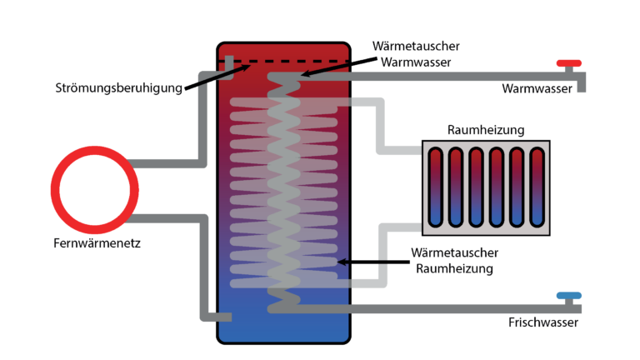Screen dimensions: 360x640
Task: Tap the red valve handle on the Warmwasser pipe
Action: point(570,63)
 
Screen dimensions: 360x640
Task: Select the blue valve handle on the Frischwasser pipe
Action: point(570,295)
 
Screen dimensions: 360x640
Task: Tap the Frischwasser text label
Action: point(537,322)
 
